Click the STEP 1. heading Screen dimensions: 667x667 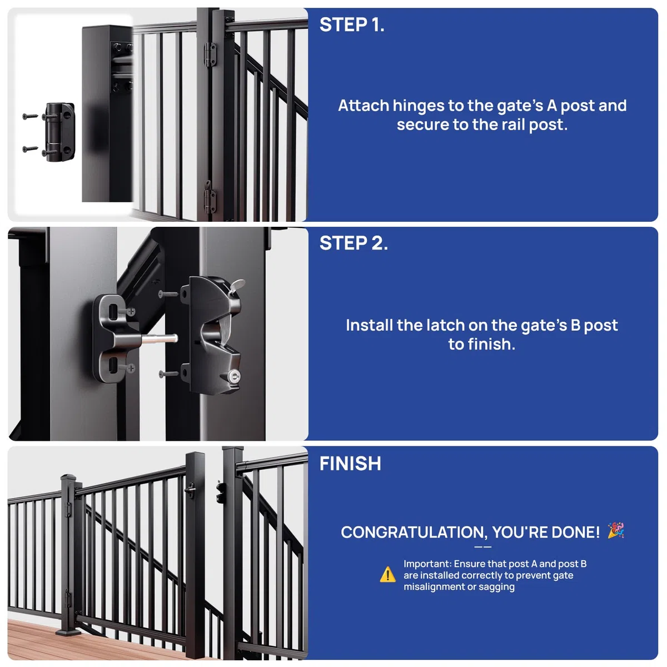pos(352,25)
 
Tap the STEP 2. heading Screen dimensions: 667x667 pos(354,243)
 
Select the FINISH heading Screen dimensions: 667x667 pos(350,464)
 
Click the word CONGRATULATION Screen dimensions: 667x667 pos(414,532)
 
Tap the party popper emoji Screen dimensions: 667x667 pos(616,530)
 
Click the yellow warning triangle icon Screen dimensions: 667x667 pos(387,575)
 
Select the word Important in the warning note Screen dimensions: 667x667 pos(427,564)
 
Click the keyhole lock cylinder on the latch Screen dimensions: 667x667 pos(235,376)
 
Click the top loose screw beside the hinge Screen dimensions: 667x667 pos(30,117)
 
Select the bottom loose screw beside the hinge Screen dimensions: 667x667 pos(30,149)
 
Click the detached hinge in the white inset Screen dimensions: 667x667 pos(59,132)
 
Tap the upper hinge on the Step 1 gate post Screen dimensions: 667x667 pos(210,54)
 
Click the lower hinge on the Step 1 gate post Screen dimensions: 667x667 pos(210,197)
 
